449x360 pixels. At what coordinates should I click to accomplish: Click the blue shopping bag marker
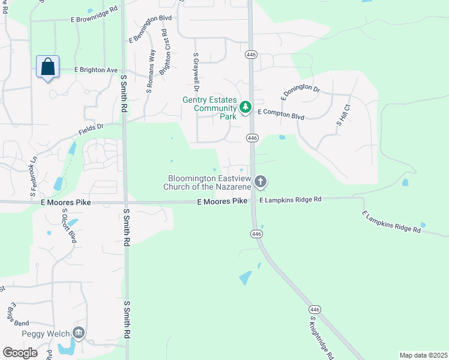pos(48,67)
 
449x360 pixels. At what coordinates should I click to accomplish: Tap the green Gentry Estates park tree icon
pos(245,107)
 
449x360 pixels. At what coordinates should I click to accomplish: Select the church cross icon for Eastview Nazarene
pos(261,181)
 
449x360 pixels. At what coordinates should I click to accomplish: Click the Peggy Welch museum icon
pos(78,333)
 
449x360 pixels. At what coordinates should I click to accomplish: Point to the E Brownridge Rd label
pos(94,19)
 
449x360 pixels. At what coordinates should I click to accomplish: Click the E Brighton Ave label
pos(96,70)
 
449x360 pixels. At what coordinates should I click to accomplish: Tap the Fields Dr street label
pos(91,129)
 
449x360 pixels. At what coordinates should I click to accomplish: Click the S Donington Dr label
pos(300,92)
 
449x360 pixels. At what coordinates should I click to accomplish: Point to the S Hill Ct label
pos(343,115)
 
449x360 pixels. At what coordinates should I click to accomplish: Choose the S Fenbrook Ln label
pos(34,177)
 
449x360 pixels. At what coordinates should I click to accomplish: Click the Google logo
pos(20,353)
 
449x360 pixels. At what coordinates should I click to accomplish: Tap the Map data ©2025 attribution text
pos(423,355)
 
